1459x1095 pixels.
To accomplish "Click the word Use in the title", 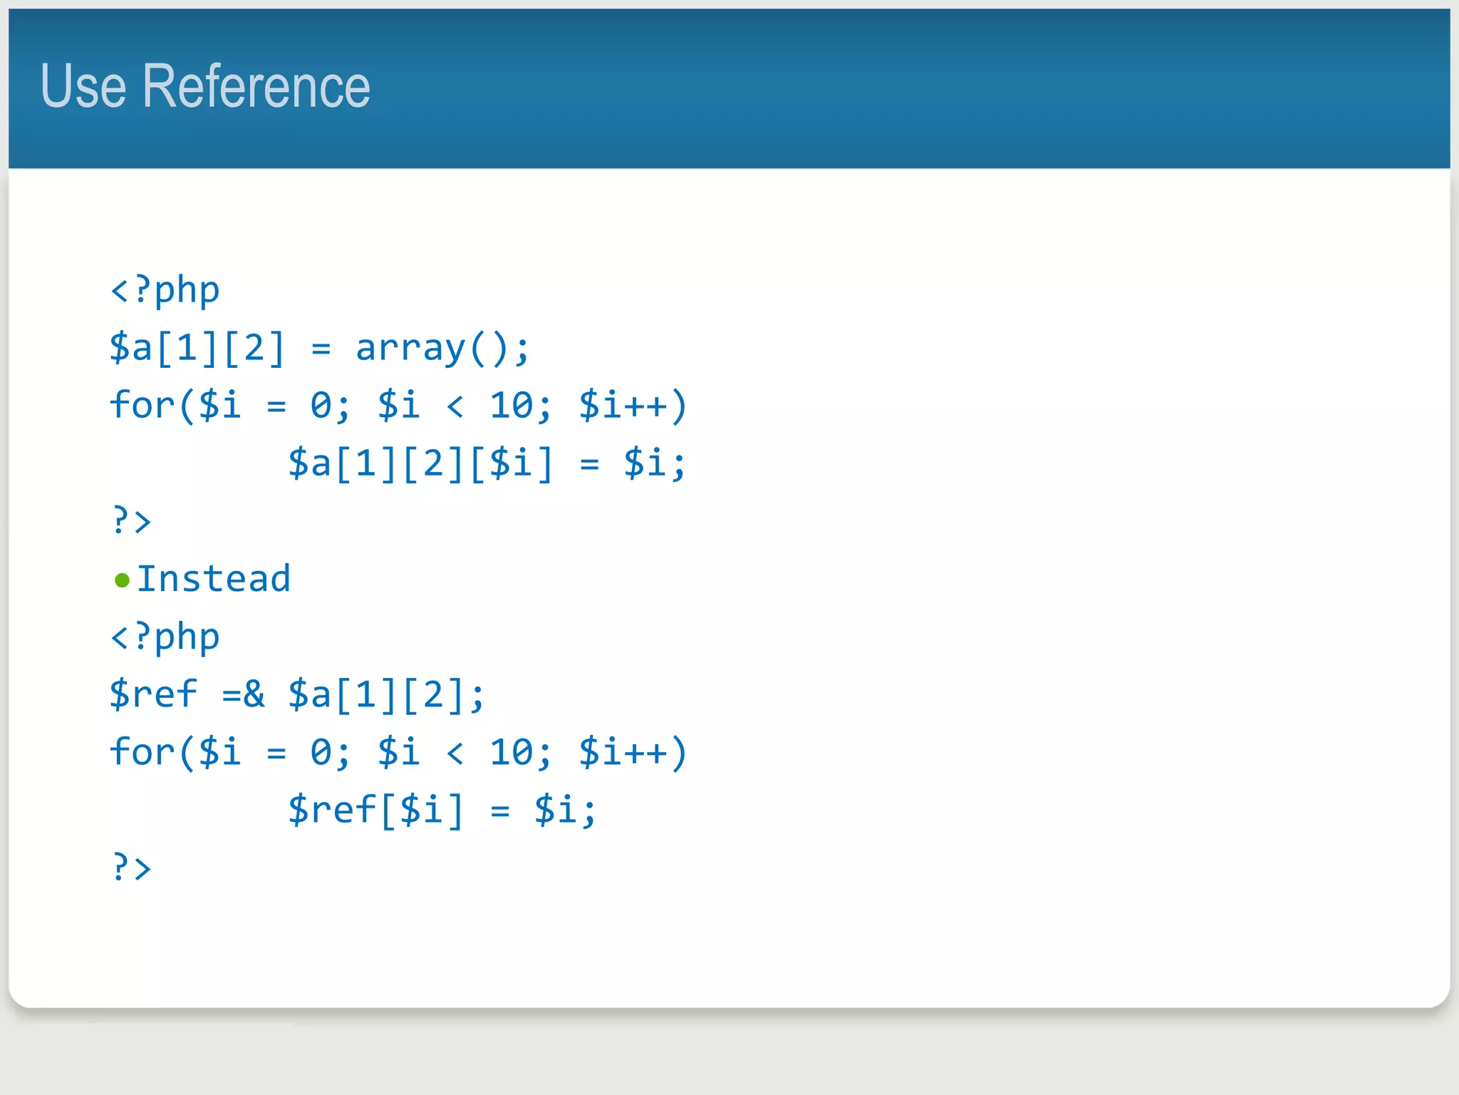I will pos(83,86).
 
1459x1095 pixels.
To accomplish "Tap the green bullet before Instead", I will pos(122,580).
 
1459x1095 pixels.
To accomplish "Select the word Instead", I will pos(214,578).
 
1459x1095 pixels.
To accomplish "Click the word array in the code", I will pos(410,348).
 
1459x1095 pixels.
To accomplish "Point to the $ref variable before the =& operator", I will pos(153,694).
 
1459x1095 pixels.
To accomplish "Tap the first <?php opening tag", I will pos(165,290).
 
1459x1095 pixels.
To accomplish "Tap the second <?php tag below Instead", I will pos(165,637).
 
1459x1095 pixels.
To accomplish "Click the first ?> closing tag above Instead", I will pos(132,520).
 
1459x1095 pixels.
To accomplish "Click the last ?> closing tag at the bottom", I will pos(132,868).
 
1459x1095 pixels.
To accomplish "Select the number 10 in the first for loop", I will pos(511,406).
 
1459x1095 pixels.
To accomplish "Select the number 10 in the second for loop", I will pos(511,752).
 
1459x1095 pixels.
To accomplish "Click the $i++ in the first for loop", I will pos(623,406).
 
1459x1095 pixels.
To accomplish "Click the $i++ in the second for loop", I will pos(623,752).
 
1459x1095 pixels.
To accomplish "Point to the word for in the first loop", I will pos(142,405).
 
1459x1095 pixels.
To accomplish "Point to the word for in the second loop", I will pos(142,751).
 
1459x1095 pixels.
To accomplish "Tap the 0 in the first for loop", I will pos(321,406).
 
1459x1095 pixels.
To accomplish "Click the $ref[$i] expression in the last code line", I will pos(375,811).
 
